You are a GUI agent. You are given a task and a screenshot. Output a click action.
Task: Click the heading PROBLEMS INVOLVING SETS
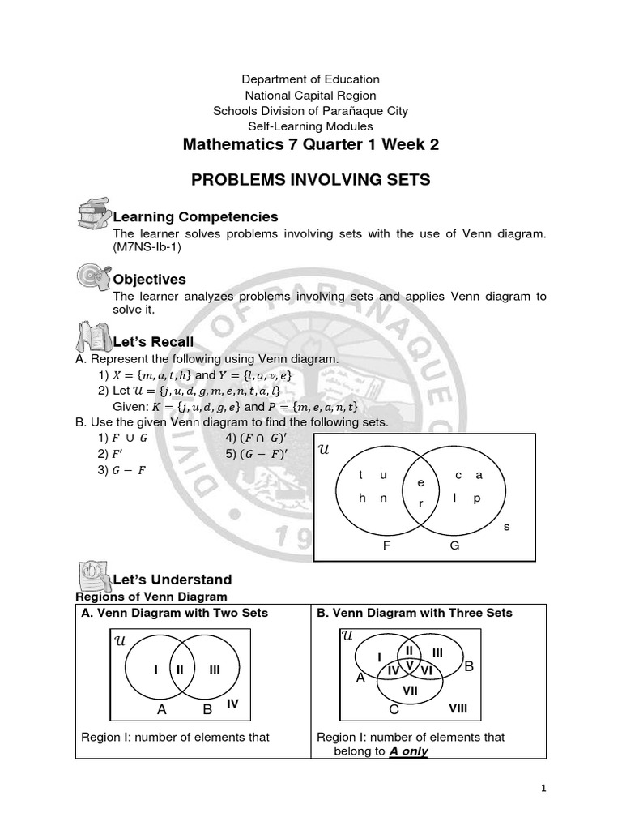(x=311, y=180)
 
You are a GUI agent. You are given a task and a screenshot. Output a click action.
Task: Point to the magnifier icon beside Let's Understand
(x=92, y=577)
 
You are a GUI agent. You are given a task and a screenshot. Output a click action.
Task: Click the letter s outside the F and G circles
(x=507, y=526)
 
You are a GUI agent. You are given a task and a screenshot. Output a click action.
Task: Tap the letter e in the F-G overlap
(x=420, y=482)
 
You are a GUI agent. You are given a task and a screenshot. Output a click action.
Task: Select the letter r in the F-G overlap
(x=420, y=503)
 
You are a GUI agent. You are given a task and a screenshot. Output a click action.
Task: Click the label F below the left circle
(x=386, y=545)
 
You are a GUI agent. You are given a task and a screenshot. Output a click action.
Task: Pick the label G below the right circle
(x=454, y=545)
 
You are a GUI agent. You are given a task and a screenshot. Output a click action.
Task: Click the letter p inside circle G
(x=477, y=498)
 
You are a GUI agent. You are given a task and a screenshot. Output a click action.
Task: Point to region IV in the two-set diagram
(x=233, y=704)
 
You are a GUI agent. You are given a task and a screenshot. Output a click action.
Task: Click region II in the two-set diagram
(x=180, y=670)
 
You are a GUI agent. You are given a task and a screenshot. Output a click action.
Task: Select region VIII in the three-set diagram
(x=458, y=708)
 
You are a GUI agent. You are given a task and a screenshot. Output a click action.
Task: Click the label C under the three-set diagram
(x=394, y=710)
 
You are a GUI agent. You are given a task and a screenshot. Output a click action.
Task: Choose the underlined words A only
(x=408, y=751)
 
